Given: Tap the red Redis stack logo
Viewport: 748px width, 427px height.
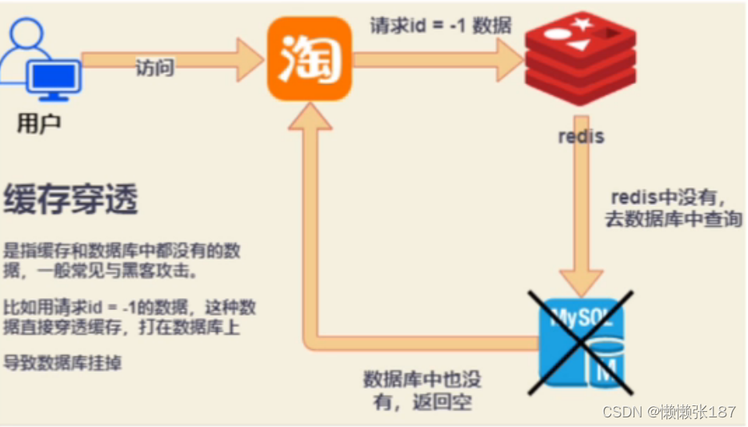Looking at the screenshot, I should point(580,62).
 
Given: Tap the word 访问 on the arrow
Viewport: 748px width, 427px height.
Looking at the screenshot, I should point(154,68).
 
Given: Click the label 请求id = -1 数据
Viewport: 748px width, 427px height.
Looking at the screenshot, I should point(439,25).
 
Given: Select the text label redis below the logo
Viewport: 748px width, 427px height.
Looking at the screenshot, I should point(581,135).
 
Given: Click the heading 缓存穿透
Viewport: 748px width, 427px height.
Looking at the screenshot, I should point(71,199).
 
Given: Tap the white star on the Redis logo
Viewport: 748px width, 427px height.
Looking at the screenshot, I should point(582,23).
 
